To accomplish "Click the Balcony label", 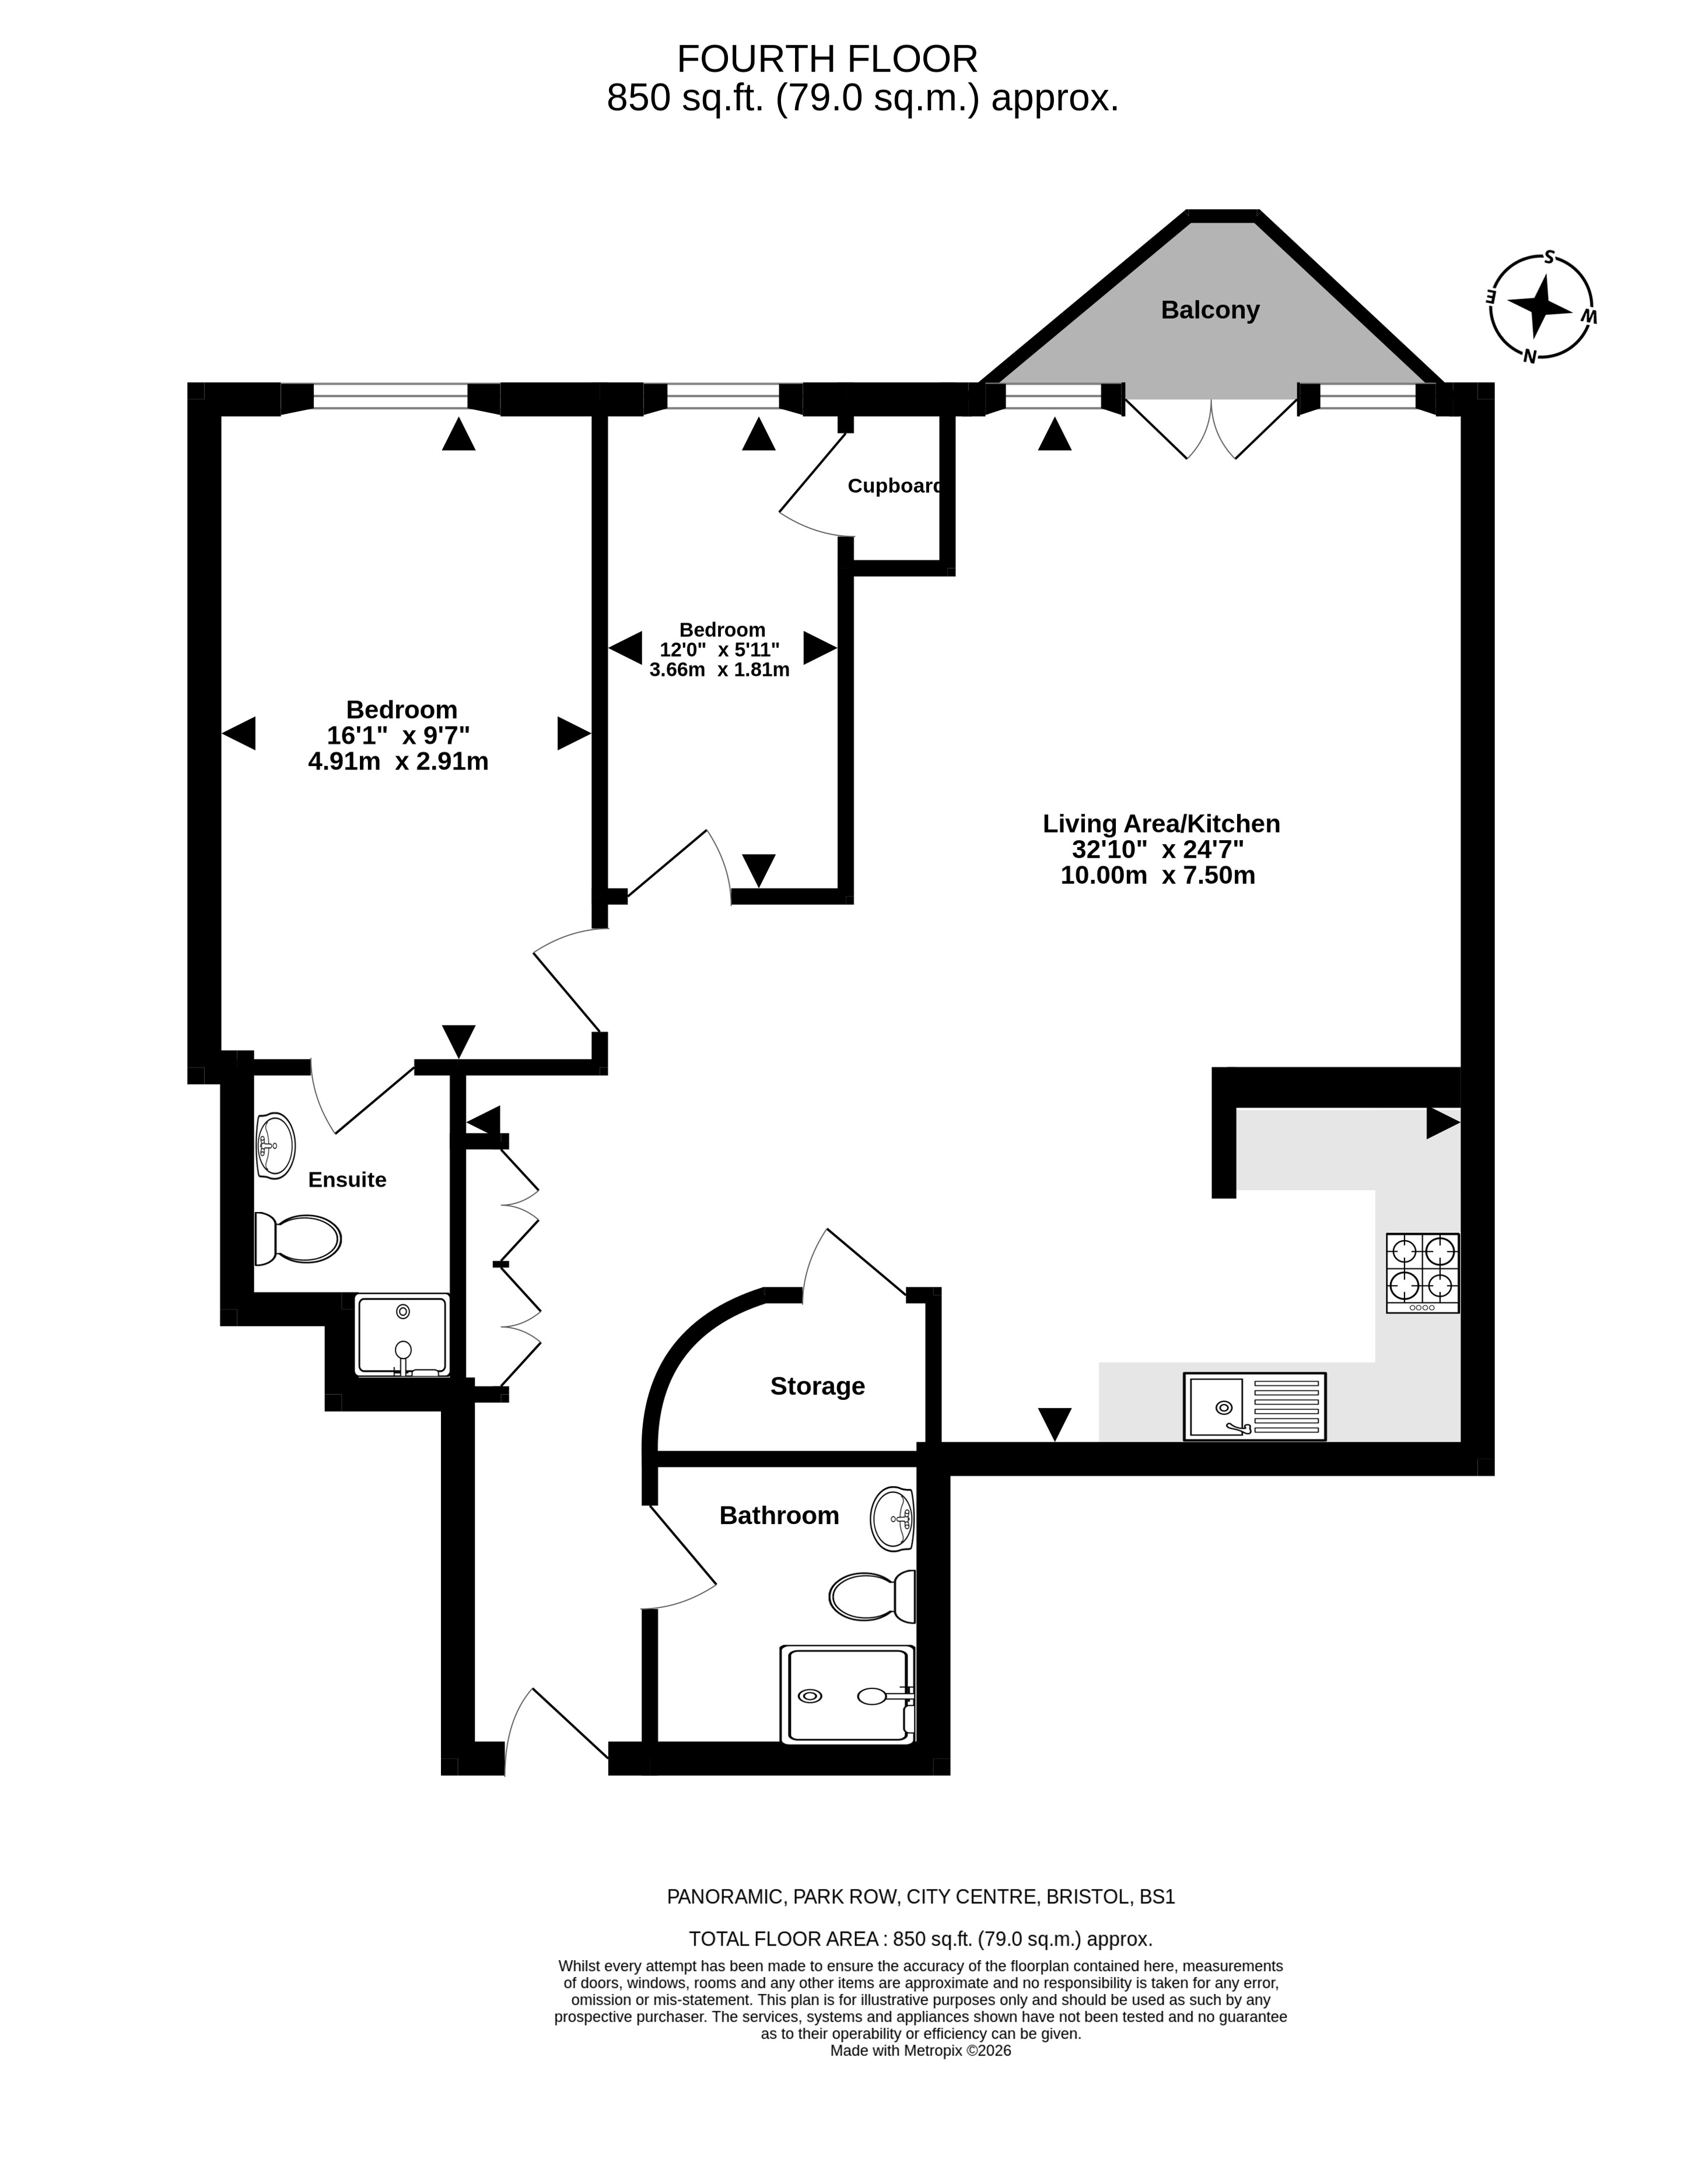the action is pyautogui.click(x=1210, y=310).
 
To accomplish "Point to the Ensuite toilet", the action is pyautogui.click(x=297, y=1239).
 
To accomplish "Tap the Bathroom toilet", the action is pyautogui.click(x=871, y=1596).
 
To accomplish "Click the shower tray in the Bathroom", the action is pyautogui.click(x=848, y=1695).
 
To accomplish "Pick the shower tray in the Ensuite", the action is pyautogui.click(x=402, y=1335).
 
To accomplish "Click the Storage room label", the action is pyautogui.click(x=817, y=1386).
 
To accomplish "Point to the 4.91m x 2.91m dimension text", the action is pyautogui.click(x=398, y=761).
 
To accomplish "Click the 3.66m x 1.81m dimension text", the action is pyautogui.click(x=719, y=669).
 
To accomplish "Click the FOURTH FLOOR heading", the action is pyautogui.click(x=827, y=59).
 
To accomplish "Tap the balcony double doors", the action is pyautogui.click(x=1210, y=428).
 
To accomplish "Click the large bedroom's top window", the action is pyautogui.click(x=390, y=396).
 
